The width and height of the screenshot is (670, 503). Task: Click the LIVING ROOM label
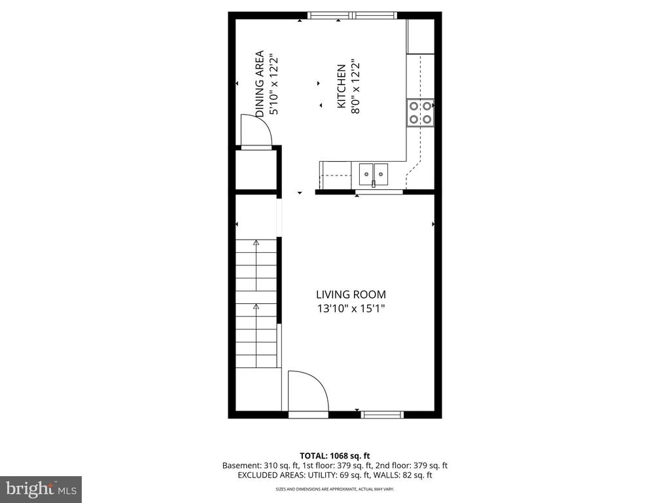[351, 295]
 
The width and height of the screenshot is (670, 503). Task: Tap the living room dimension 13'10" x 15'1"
[351, 308]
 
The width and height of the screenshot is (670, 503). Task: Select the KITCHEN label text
[342, 86]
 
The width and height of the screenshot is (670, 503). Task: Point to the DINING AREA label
[259, 84]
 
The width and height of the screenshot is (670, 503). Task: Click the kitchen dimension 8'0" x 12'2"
[355, 87]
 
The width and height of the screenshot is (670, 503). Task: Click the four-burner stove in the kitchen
[421, 113]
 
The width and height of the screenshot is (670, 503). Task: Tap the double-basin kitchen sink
[374, 174]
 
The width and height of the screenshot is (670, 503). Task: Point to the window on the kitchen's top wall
[353, 16]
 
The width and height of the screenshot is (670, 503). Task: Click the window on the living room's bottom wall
[382, 415]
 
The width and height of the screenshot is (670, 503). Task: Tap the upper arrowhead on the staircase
[256, 242]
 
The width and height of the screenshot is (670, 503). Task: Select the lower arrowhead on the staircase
[256, 307]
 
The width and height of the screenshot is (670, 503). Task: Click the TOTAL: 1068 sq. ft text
[334, 456]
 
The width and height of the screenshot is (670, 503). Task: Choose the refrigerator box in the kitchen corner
[421, 37]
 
